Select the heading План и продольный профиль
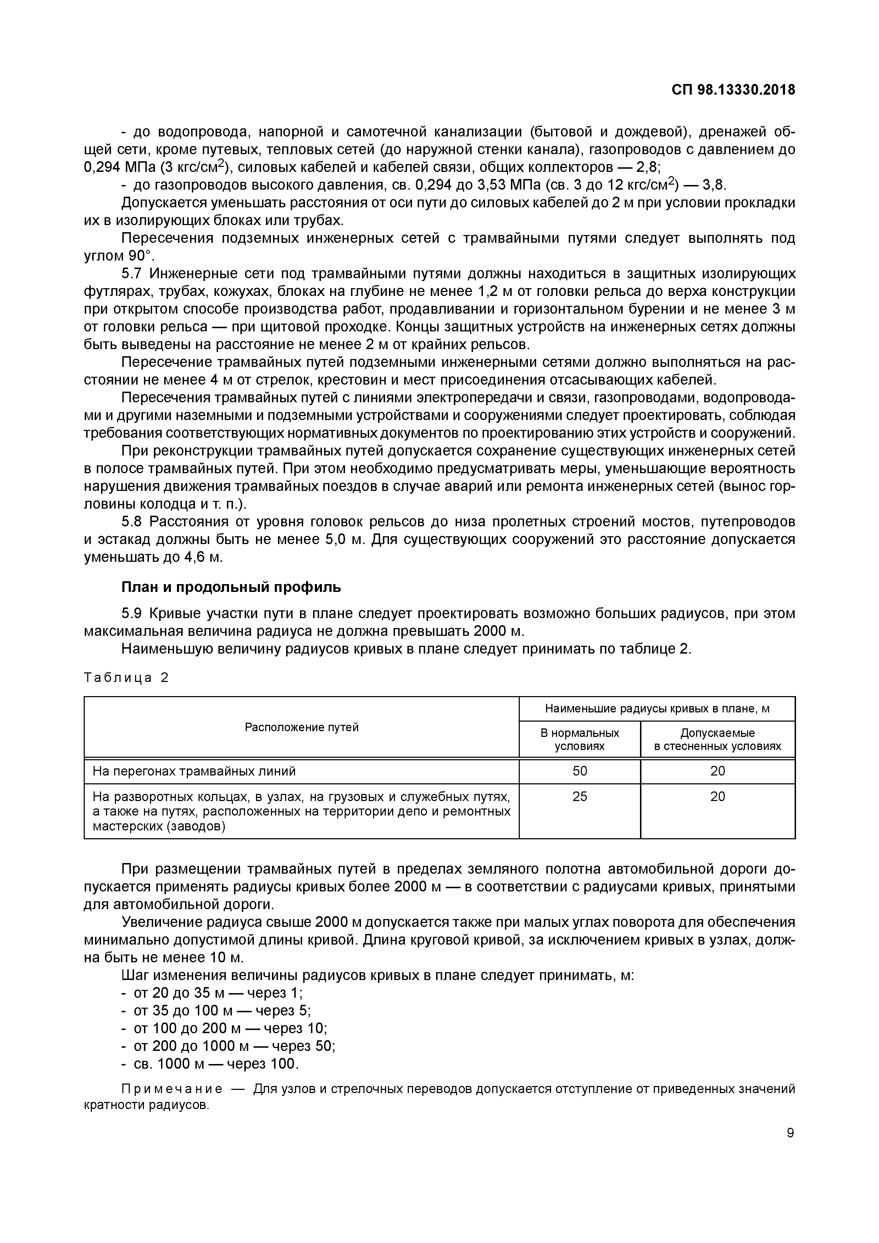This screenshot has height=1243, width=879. coord(231,587)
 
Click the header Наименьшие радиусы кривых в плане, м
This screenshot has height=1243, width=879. coord(657,709)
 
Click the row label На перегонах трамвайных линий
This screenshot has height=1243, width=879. coord(194,771)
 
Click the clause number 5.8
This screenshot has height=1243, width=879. coord(132,522)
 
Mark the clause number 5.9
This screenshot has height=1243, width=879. coord(132,614)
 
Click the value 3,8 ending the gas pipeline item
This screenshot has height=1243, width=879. coord(713,185)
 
